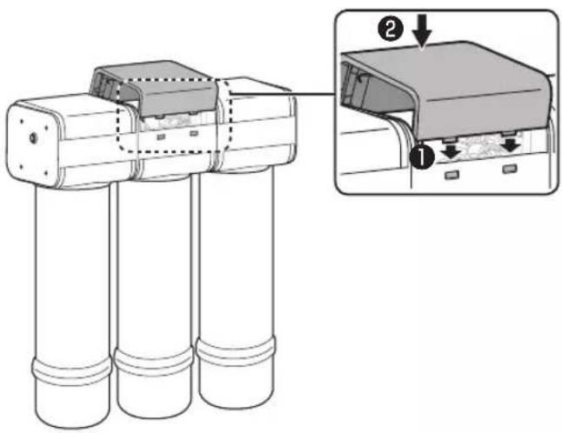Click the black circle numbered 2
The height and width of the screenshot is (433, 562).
point(391,29)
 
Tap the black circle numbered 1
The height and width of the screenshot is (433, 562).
point(422,157)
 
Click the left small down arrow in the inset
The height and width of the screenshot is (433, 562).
point(452,150)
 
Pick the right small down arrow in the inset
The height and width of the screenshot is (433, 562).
point(512,144)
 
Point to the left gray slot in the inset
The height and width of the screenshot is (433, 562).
point(452,175)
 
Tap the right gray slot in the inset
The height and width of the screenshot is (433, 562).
point(510,169)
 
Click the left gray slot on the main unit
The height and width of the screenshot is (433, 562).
point(161,137)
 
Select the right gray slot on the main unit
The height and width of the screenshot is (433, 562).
point(194,134)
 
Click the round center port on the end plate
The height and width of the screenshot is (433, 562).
point(33,137)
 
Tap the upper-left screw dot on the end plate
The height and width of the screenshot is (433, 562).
point(22,122)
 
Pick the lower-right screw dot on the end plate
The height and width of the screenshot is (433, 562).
point(45,174)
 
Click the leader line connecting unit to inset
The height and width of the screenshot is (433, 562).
point(283,94)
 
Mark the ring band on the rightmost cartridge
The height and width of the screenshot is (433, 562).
point(237,350)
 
